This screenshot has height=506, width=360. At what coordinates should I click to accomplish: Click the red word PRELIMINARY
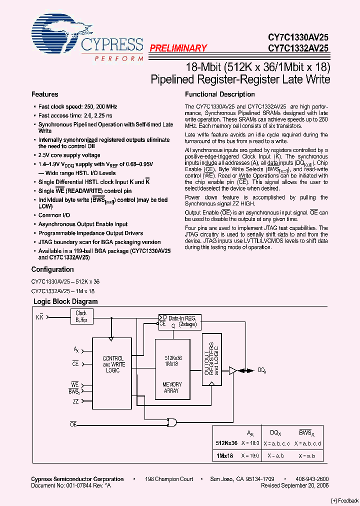[178, 48]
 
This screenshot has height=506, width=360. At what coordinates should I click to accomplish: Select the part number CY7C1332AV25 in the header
[298, 48]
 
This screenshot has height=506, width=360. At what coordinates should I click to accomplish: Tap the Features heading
[44, 94]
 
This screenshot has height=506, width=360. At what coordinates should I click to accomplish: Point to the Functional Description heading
[219, 94]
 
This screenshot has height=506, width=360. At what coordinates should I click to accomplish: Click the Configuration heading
[52, 269]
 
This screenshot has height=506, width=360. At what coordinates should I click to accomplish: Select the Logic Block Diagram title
[65, 301]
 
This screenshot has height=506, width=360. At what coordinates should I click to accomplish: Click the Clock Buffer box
[81, 316]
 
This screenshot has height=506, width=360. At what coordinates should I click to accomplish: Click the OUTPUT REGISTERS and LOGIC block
[211, 359]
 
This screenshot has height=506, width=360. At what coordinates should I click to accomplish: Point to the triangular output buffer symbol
[232, 370]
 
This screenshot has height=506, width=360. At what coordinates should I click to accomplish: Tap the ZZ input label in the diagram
[75, 401]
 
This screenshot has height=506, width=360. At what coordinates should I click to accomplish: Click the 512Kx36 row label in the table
[226, 443]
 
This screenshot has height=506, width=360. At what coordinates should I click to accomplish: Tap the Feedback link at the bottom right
[345, 500]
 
